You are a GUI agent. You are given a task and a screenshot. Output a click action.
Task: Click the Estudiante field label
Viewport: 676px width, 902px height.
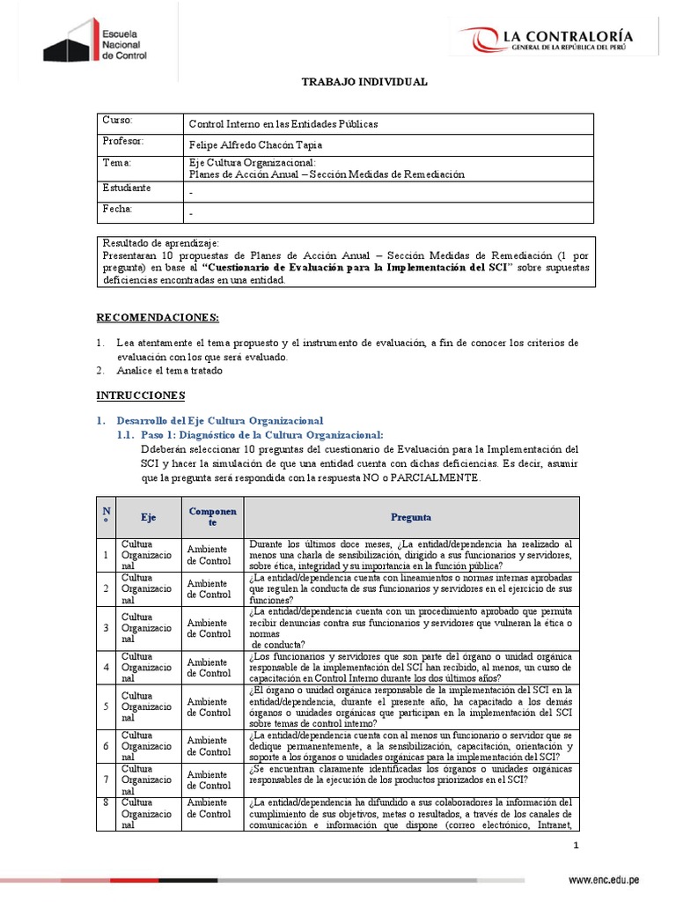click(127, 188)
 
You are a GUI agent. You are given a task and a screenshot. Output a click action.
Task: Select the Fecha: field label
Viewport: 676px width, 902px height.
click(118, 209)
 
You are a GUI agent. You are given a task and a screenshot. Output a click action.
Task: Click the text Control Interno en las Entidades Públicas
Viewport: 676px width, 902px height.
click(283, 124)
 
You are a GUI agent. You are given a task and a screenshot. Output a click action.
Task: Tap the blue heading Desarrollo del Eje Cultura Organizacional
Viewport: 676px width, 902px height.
click(219, 420)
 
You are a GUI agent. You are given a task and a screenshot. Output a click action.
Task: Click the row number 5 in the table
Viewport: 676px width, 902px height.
click(105, 706)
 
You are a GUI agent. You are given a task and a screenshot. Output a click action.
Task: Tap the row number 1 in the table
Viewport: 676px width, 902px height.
click(105, 555)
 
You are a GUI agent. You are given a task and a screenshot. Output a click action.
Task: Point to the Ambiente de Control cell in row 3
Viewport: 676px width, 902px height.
click(209, 627)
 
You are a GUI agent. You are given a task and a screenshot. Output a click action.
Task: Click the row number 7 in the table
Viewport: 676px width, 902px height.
click(105, 779)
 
